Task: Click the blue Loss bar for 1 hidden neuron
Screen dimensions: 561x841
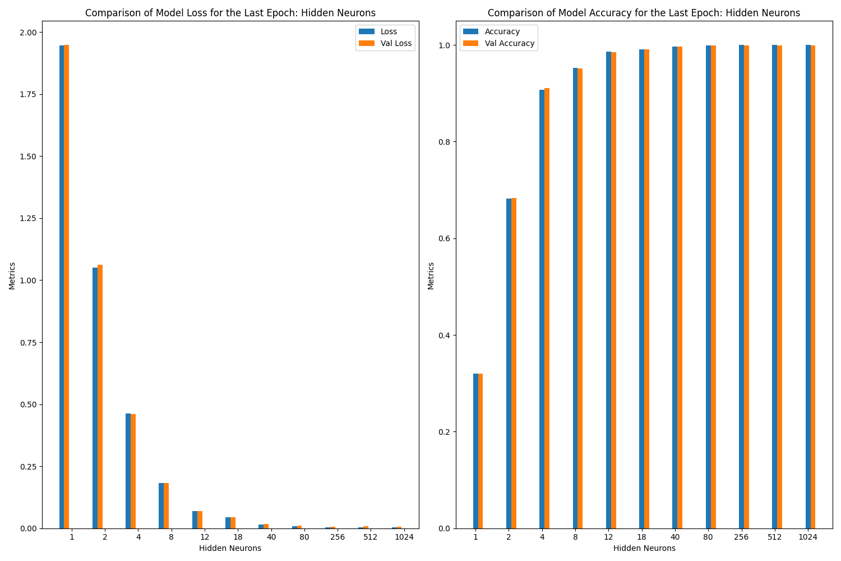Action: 62,286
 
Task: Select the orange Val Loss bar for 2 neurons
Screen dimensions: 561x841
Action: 100,396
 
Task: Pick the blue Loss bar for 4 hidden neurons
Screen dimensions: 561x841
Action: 128,471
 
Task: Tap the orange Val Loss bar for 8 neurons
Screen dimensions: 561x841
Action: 166,505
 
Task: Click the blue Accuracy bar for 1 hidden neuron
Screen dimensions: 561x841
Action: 475,451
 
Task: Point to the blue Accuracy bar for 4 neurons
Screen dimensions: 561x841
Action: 542,309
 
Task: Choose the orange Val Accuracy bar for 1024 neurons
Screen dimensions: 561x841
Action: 813,287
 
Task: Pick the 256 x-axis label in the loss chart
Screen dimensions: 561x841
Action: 338,537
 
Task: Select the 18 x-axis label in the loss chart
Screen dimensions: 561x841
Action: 238,537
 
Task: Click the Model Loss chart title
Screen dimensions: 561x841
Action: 230,13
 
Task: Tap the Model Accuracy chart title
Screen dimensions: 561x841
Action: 644,13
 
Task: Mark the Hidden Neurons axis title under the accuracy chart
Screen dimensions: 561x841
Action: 644,548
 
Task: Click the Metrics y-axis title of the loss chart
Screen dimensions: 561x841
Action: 12,275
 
